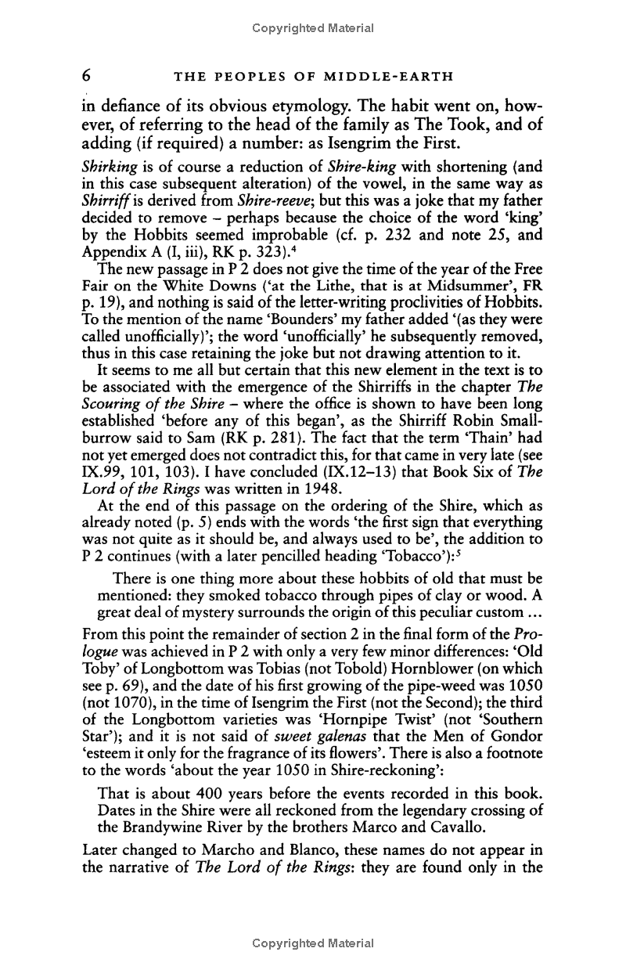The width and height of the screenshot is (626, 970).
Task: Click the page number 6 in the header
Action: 89,76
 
